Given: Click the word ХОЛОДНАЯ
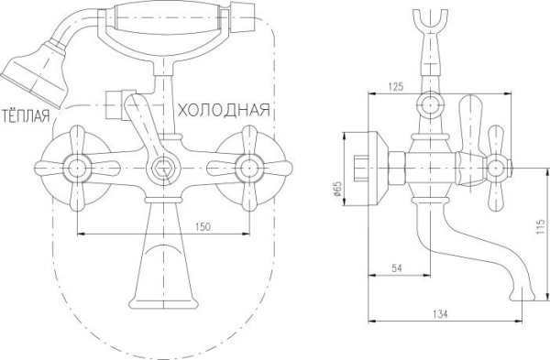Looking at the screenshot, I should click(x=223, y=110).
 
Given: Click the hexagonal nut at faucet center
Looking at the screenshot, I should click(x=162, y=168).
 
